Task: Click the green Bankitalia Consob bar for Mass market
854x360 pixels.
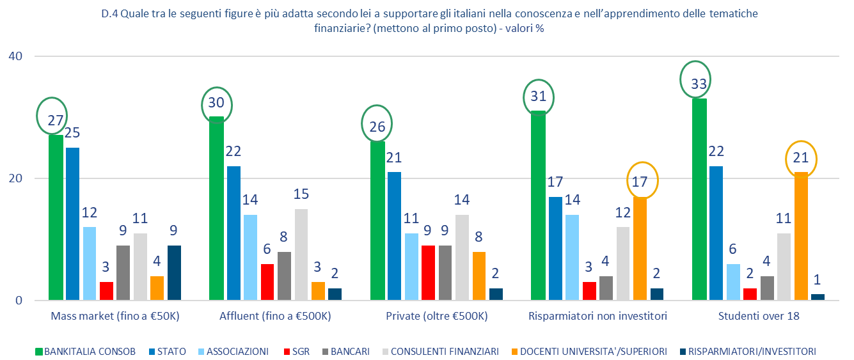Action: (x=56, y=217)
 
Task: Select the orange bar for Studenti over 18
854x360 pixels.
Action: (x=800, y=236)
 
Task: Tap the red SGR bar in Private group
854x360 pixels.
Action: (x=427, y=272)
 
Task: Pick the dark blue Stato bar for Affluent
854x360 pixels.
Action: (x=233, y=233)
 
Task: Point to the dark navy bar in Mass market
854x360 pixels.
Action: (x=174, y=272)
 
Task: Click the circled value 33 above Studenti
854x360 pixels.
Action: (x=699, y=84)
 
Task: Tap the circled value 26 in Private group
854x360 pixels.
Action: (x=377, y=127)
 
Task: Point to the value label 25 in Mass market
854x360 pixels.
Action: (x=73, y=134)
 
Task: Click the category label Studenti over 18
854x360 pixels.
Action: (x=759, y=316)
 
